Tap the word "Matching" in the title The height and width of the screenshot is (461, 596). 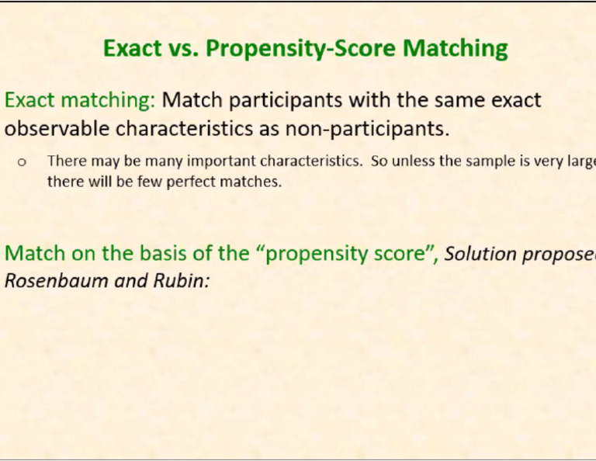[x=455, y=48]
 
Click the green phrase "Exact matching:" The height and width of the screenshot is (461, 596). [x=80, y=100]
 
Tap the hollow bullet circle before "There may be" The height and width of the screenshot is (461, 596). [x=22, y=162]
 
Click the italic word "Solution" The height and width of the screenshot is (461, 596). [x=480, y=254]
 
